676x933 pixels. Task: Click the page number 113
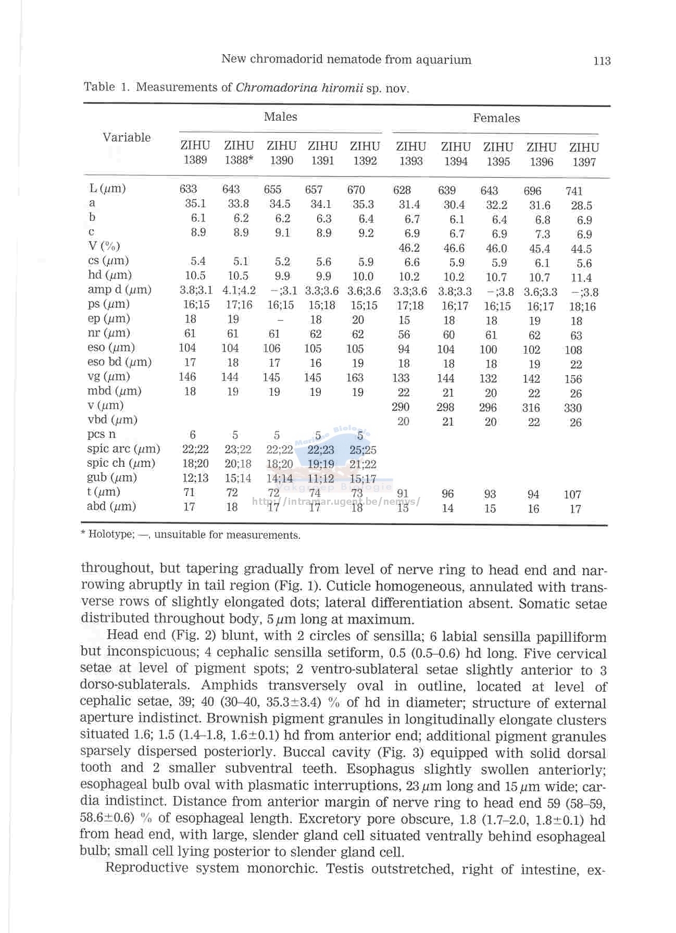(x=602, y=61)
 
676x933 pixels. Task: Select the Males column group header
(x=280, y=117)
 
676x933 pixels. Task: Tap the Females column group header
(x=496, y=118)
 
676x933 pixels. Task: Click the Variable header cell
(x=127, y=138)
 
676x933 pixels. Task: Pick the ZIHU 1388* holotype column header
(x=239, y=153)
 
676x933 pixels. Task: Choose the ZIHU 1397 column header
(x=584, y=155)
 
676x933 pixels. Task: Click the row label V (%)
(x=104, y=246)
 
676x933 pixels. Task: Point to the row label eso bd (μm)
(x=119, y=362)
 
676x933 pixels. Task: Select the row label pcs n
(x=102, y=434)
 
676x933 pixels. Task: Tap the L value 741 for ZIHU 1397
(x=574, y=191)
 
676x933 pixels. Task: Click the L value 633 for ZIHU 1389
(x=188, y=189)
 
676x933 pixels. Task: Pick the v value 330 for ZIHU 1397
(x=573, y=408)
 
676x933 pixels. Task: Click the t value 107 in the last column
(x=572, y=494)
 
